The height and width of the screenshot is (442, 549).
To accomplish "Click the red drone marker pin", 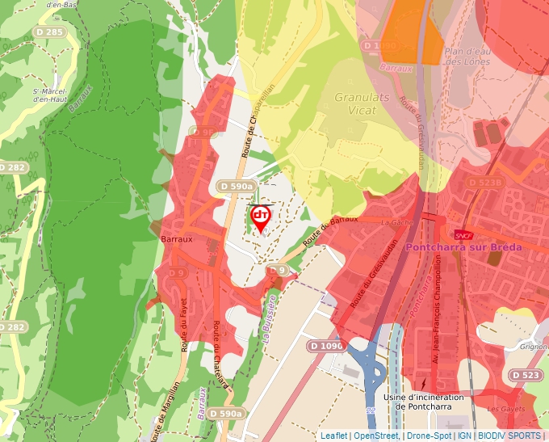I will [260, 217].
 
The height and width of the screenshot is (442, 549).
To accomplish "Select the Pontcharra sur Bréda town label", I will [464, 246].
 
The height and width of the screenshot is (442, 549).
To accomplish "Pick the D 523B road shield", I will [484, 183].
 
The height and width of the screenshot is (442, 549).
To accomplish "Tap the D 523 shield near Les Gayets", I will [526, 375].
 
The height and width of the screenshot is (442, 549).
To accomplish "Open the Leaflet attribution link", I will [334, 436].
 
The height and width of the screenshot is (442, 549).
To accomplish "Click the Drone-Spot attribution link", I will [430, 436].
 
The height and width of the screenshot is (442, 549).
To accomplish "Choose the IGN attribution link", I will [465, 436].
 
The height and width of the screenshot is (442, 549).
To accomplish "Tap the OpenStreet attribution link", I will [376, 436].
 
